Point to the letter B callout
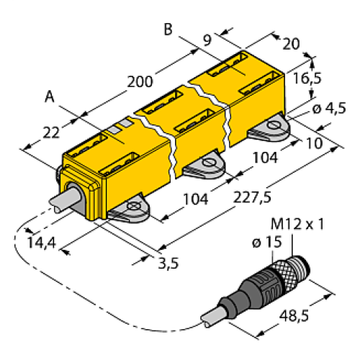coord(168,30)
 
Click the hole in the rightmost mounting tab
coord(274,128)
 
